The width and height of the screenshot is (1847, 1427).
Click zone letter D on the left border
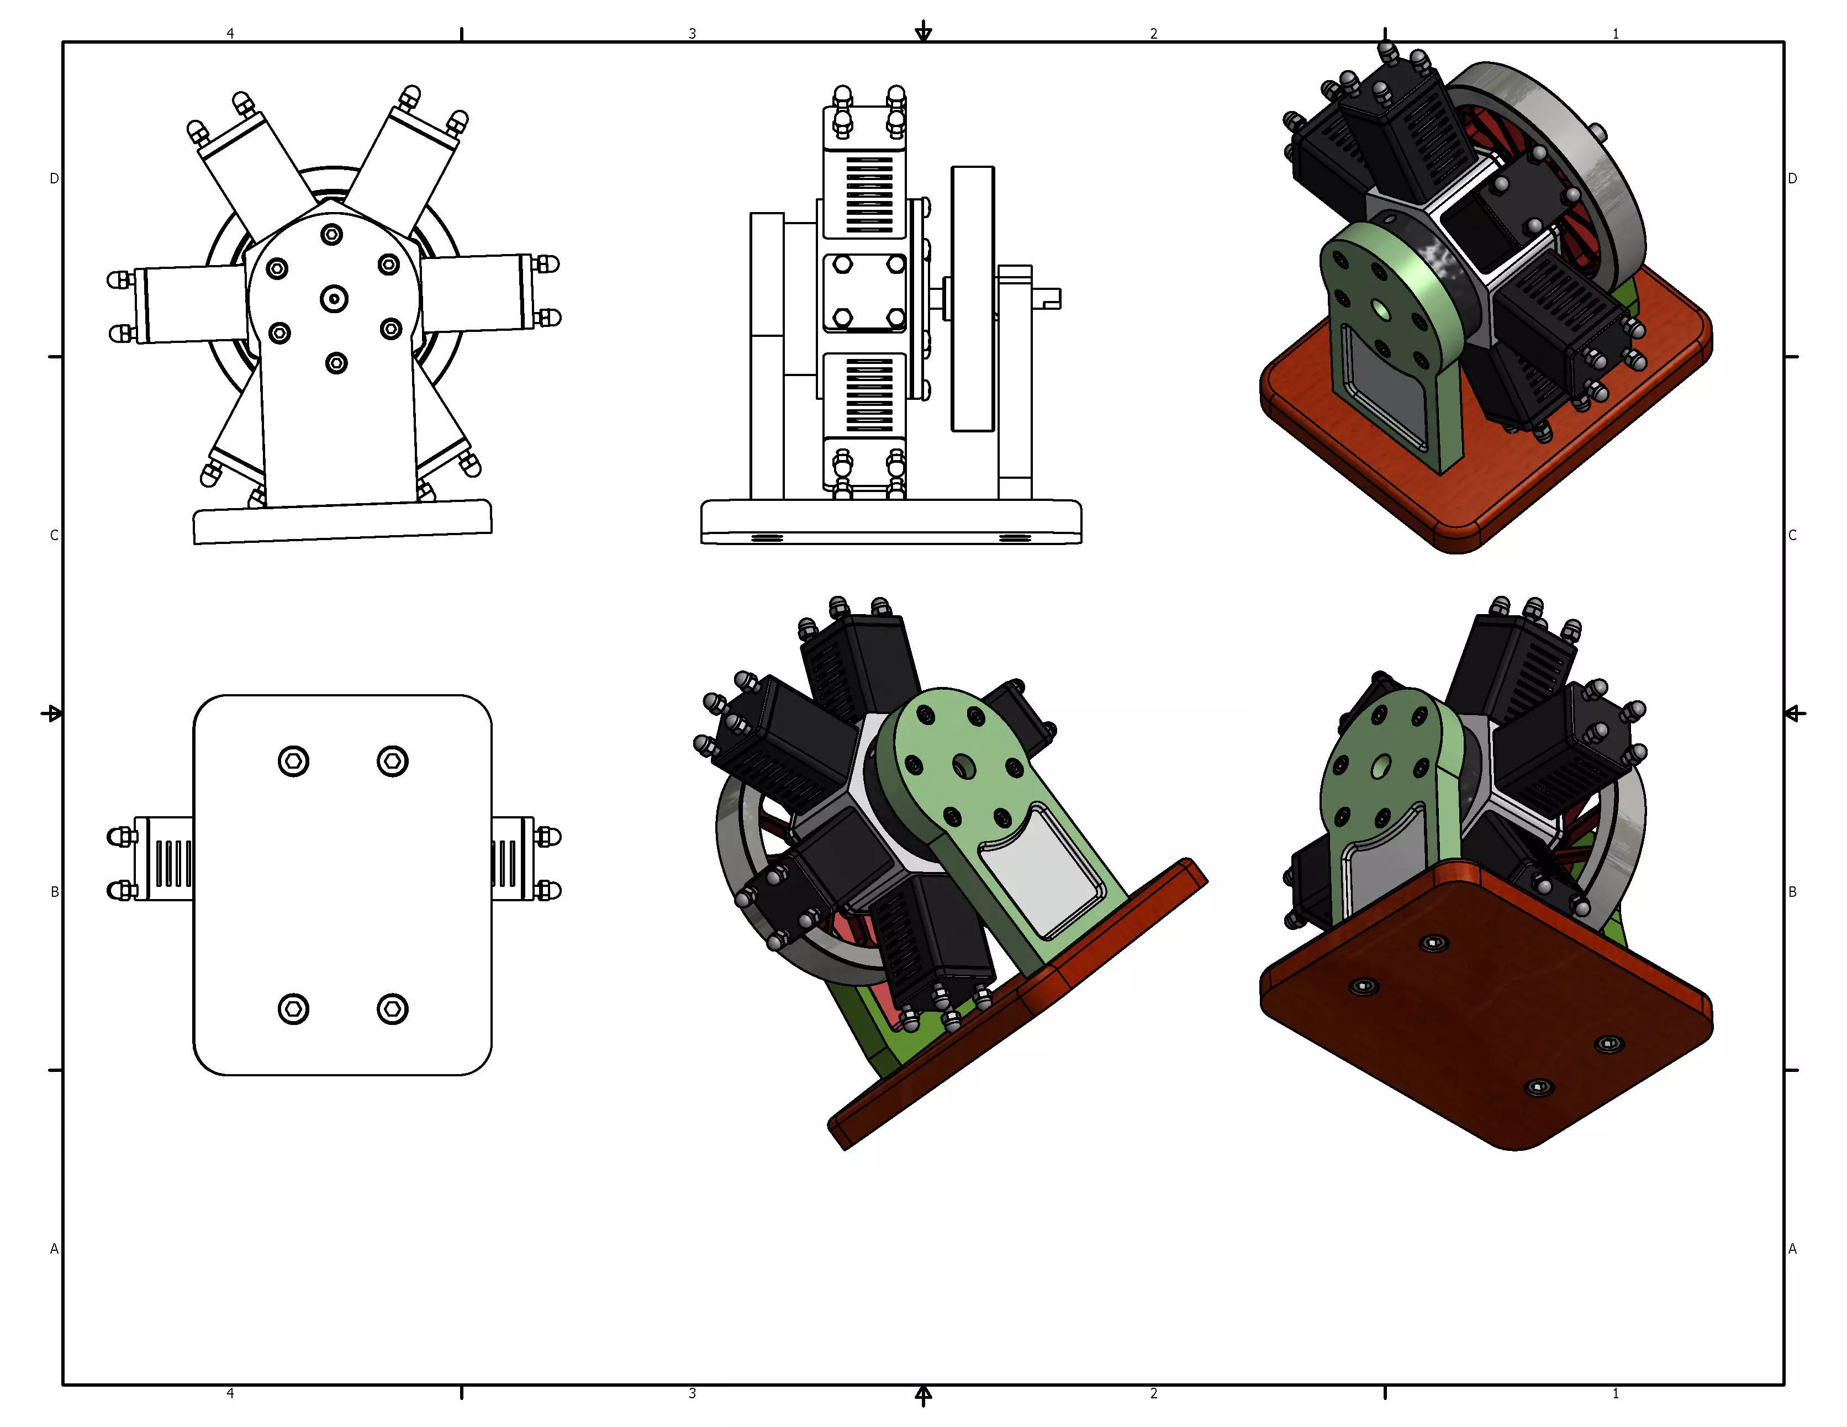point(54,178)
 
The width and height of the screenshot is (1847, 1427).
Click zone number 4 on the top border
point(230,33)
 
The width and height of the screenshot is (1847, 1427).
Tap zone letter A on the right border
point(1792,1249)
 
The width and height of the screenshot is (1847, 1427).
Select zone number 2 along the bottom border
point(1153,1393)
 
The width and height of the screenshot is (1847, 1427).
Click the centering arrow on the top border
point(924,32)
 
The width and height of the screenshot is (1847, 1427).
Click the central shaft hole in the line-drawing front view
point(335,298)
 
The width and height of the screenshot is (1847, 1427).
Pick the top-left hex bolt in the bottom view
point(293,761)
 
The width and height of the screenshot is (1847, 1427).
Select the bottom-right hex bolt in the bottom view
point(392,1008)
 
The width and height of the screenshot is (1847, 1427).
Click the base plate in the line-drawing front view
point(342,522)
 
